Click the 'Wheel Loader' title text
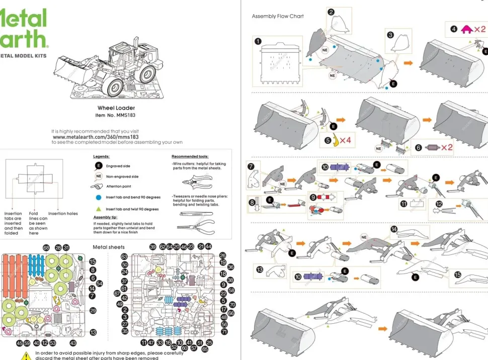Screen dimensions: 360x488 pos(116,108)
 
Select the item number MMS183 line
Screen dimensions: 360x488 pos(115,115)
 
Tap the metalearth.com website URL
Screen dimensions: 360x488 pos(96,137)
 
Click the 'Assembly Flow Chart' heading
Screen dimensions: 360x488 pos(278,16)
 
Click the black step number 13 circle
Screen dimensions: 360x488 pos(260,269)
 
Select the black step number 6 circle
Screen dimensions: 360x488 pos(419,148)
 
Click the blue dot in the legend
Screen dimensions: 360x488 pos(99,197)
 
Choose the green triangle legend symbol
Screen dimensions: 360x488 pos(99,209)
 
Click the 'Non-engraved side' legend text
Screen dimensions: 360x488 pos(122,176)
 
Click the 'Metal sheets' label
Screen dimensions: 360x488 pos(109,247)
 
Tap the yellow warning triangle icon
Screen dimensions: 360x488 pos(26,355)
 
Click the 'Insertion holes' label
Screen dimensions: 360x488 pos(63,214)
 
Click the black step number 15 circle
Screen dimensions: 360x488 pos(458,275)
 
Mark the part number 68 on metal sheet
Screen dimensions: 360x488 pos(46,248)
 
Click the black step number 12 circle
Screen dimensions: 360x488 pos(439,204)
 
